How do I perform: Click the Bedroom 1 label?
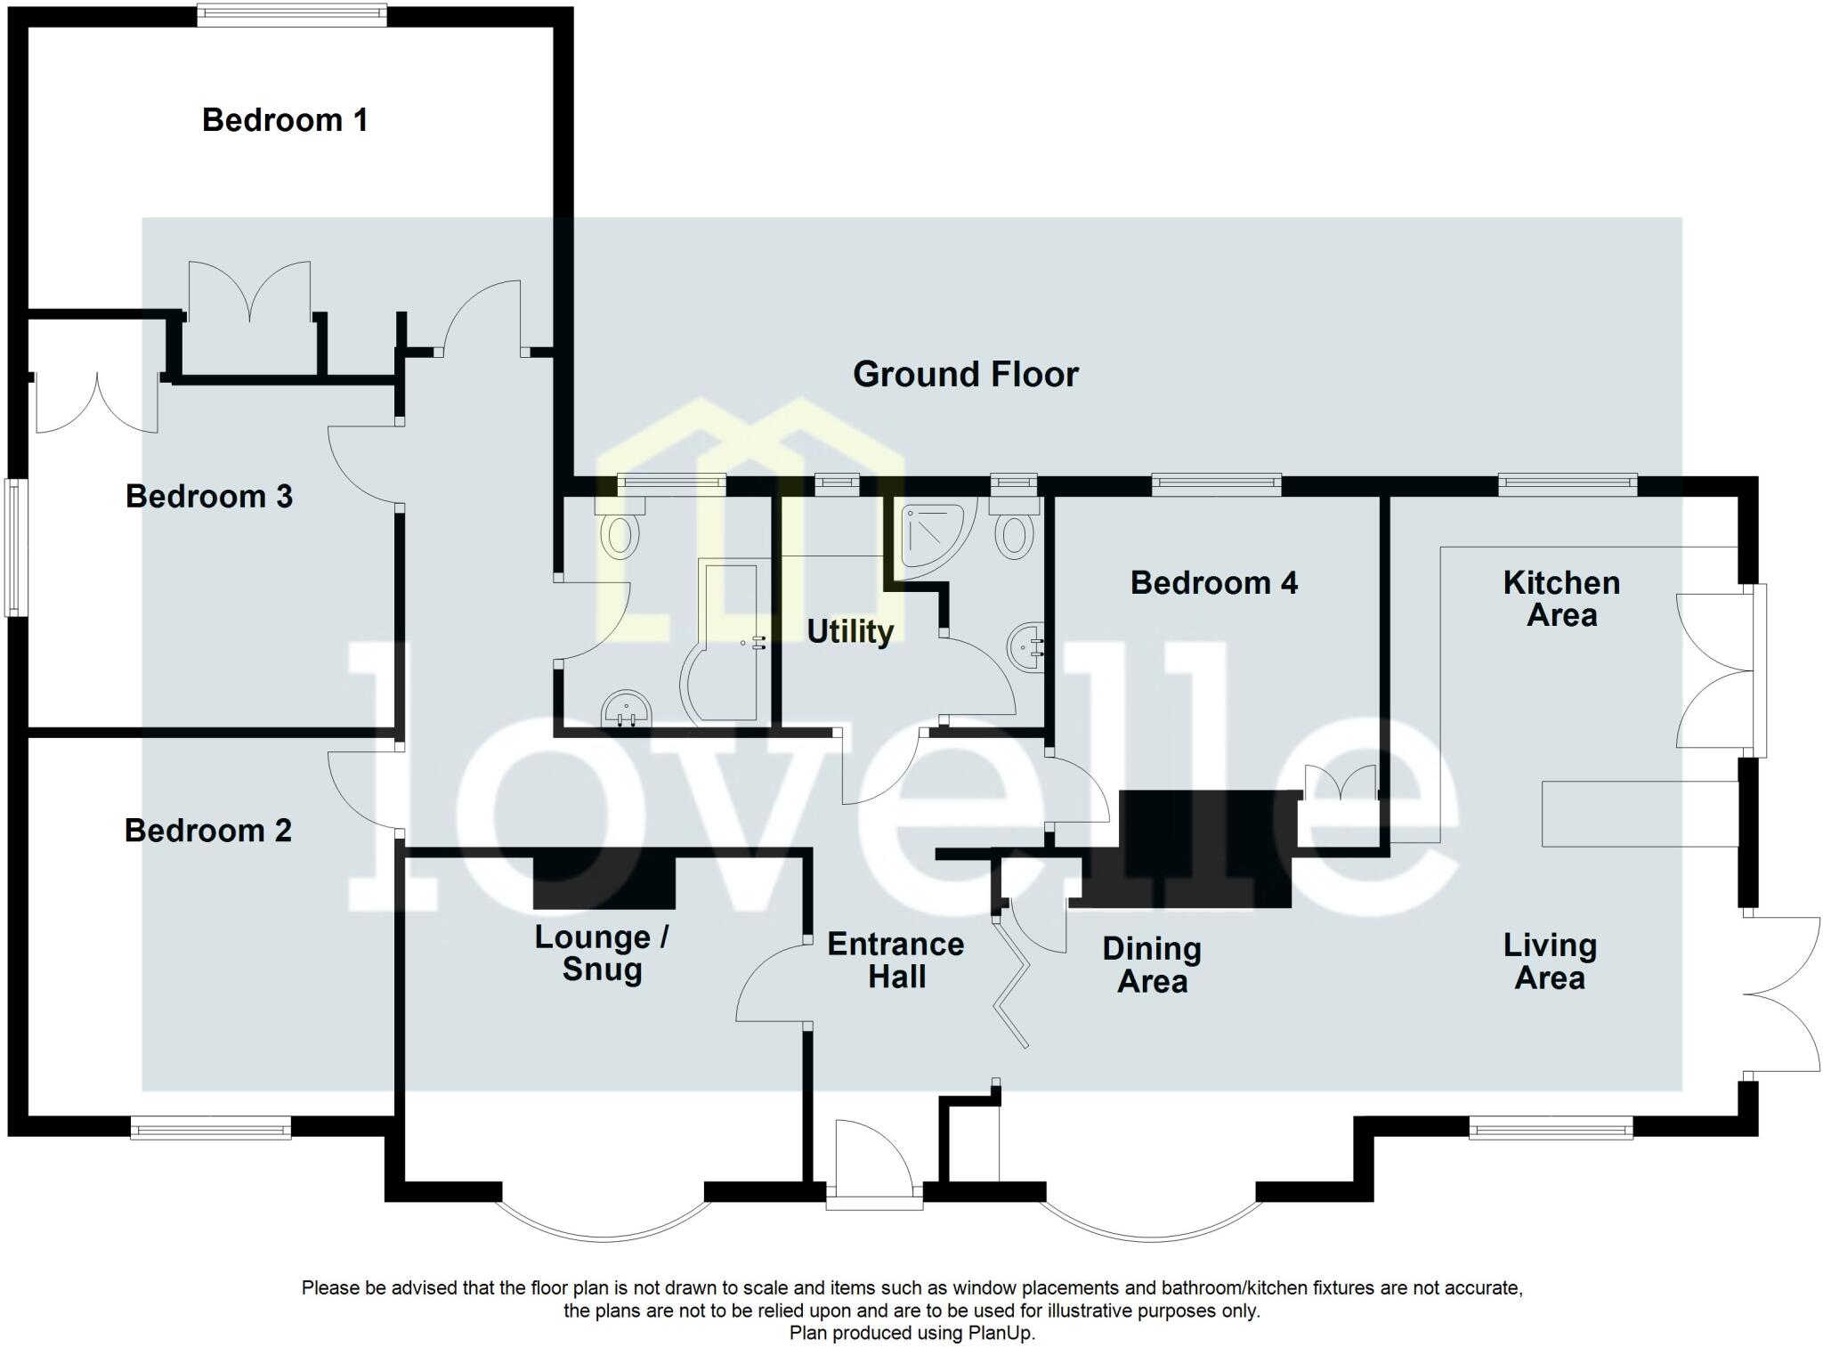point(285,120)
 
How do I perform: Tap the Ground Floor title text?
point(965,374)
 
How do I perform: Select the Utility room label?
point(850,631)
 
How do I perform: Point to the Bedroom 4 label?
point(1213,583)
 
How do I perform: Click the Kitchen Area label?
point(1561,598)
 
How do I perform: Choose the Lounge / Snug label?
point(602,953)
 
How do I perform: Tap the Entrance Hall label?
point(895,960)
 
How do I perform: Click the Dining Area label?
point(1152,964)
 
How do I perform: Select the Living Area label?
point(1550,961)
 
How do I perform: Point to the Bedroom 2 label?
point(207,831)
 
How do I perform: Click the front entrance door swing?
point(871,1153)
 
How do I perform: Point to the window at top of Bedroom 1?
point(292,14)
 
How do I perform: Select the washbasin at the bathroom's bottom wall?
point(628,710)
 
